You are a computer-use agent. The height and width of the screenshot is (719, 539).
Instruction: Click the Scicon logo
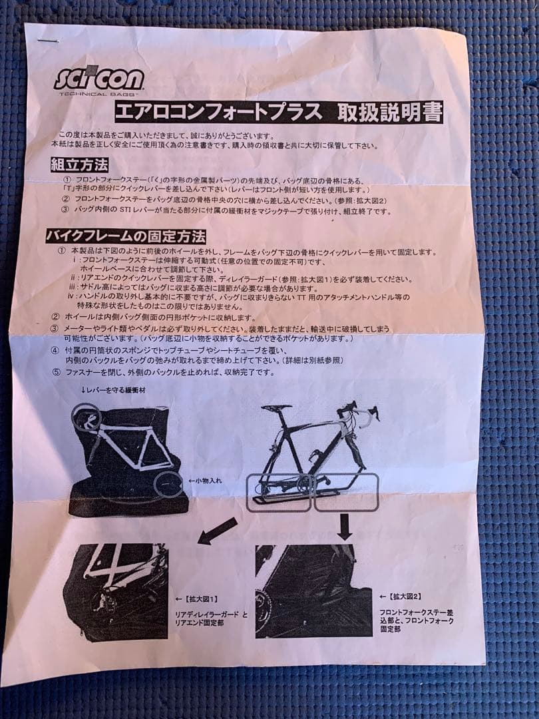[98, 79]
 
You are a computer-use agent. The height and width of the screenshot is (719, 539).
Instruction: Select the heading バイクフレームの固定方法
[126, 236]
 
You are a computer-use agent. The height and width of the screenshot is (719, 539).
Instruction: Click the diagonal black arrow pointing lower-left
[217, 530]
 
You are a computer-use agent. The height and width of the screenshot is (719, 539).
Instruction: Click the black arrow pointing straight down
[345, 526]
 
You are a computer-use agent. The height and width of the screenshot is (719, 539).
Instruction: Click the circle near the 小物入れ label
[167, 484]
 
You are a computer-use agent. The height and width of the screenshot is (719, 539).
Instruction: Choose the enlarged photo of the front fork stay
[313, 593]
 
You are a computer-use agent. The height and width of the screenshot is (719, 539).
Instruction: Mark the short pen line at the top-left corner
[49, 41]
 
